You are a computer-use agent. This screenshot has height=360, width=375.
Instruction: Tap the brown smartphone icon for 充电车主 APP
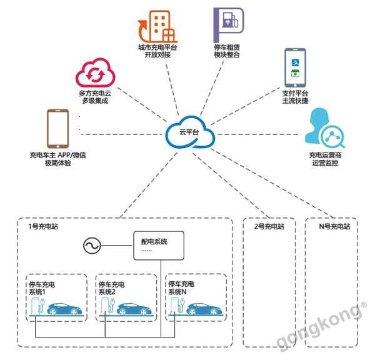(57, 129)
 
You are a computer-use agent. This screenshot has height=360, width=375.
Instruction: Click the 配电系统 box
(159, 246)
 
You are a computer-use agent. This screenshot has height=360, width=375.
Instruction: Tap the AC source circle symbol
(91, 246)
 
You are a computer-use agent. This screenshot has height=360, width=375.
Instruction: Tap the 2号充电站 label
(269, 227)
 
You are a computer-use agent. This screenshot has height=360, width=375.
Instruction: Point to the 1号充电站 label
(45, 227)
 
